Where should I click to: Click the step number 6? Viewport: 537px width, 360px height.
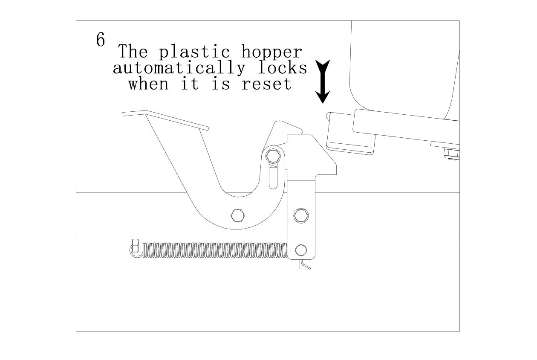point(100,40)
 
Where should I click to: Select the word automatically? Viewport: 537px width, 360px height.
point(179,68)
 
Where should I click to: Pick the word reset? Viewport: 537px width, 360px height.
point(266,84)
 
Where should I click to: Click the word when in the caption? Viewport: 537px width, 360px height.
point(148,84)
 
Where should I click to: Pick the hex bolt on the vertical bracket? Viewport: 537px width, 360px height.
point(301,215)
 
